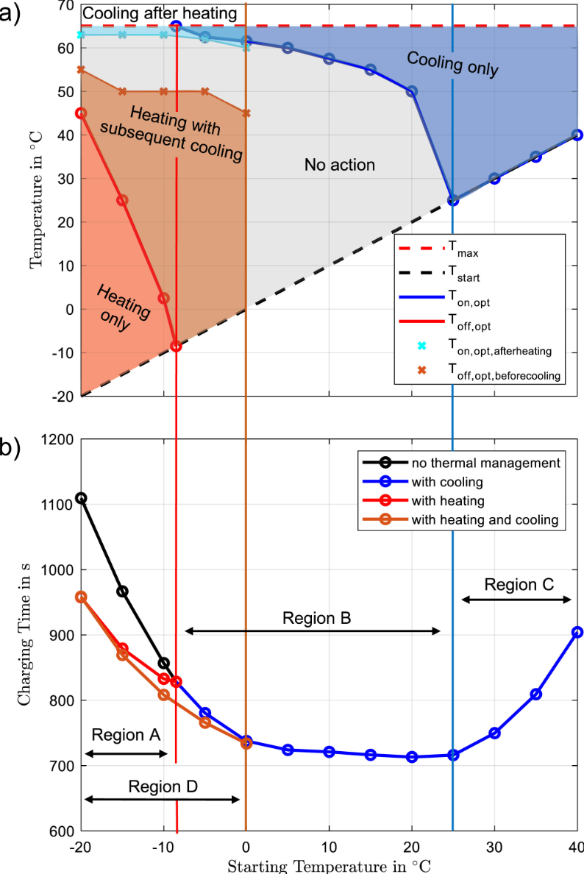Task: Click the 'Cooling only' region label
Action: pyautogui.click(x=452, y=64)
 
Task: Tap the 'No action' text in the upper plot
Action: pyautogui.click(x=340, y=166)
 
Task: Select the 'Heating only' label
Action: pyautogui.click(x=123, y=308)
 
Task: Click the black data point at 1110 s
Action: pyautogui.click(x=81, y=498)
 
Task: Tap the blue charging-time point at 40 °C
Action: pyautogui.click(x=577, y=632)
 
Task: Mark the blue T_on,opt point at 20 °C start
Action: pyautogui.click(x=412, y=91)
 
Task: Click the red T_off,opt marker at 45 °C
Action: pyautogui.click(x=81, y=113)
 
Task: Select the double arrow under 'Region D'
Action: pyautogui.click(x=163, y=800)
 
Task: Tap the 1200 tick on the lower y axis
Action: pyautogui.click(x=59, y=440)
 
